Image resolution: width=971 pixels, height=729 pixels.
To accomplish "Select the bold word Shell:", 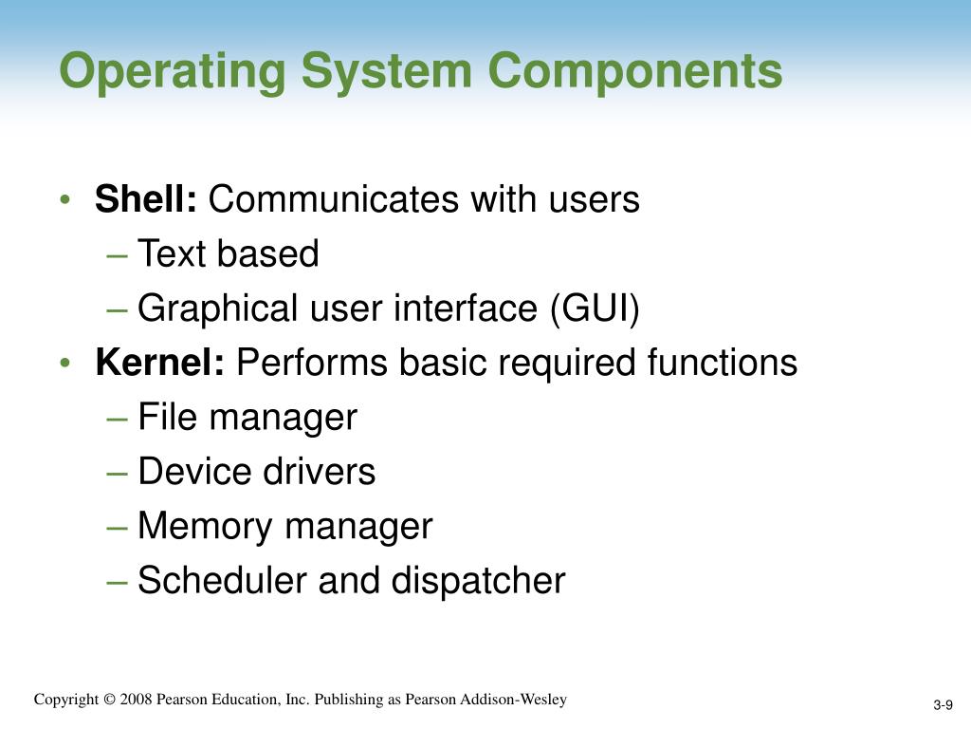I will pyautogui.click(x=146, y=200).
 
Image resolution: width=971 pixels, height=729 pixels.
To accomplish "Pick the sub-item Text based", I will pyautogui.click(x=229, y=254).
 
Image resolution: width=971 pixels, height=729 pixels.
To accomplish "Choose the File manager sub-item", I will pyautogui.click(x=247, y=418).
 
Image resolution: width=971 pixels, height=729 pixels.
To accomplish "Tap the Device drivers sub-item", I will pyautogui.click(x=257, y=472).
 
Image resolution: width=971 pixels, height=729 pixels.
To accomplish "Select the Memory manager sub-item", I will pyautogui.click(x=285, y=526).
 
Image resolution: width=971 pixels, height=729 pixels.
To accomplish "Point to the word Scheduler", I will pyautogui.click(x=223, y=580).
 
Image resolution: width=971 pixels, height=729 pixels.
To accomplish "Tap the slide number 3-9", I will pyautogui.click(x=943, y=704).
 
